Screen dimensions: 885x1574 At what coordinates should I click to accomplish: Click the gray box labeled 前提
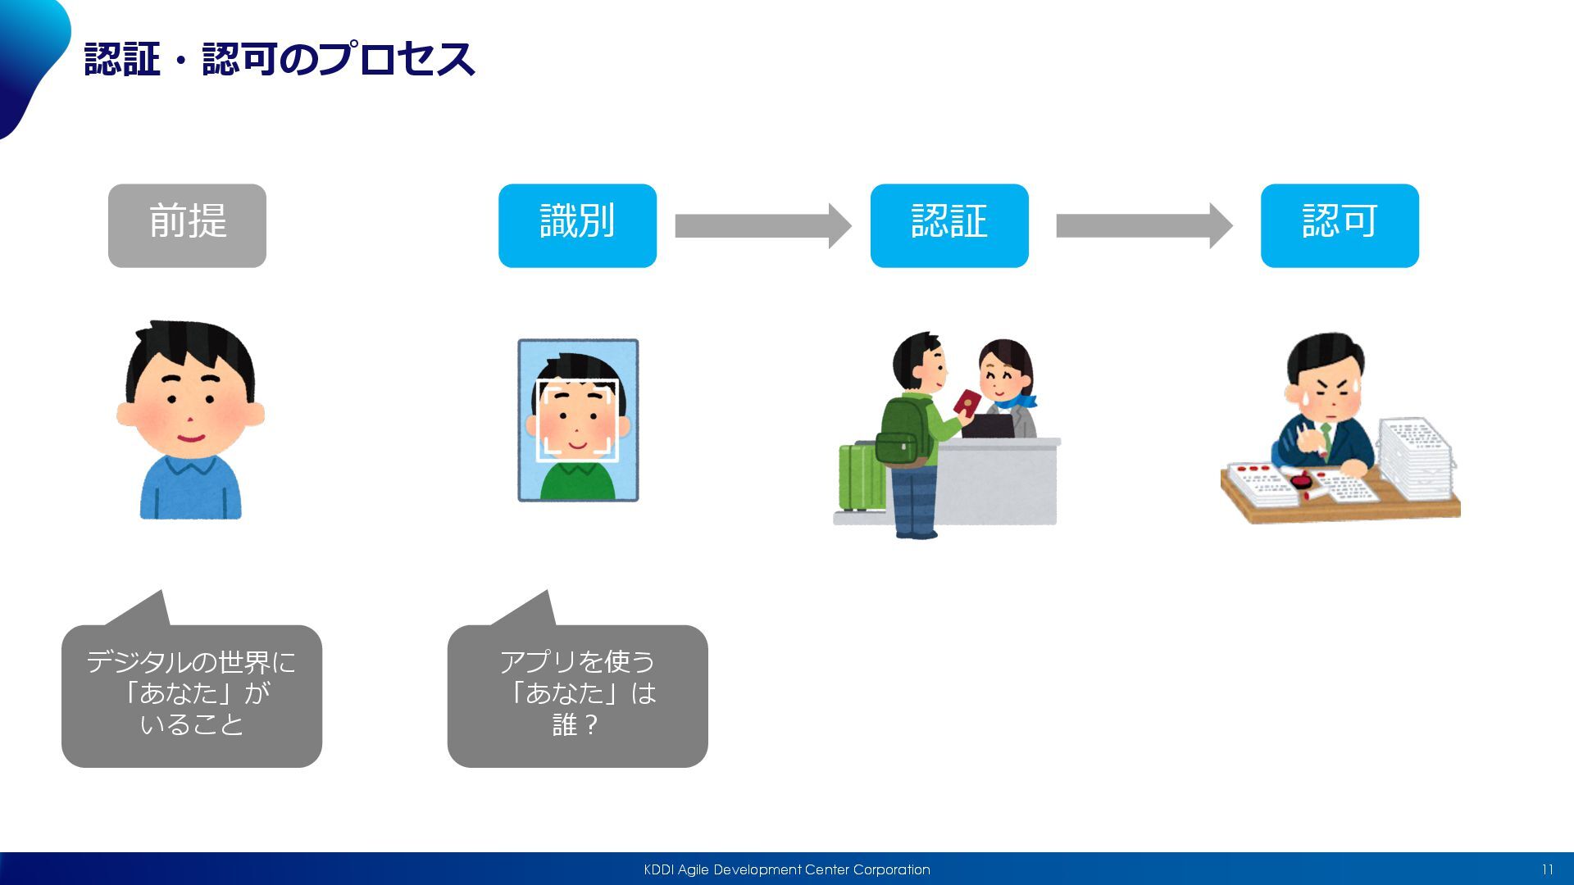(x=187, y=225)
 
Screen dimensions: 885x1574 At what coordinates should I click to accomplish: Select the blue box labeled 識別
(x=577, y=225)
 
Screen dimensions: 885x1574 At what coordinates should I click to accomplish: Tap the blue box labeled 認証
(x=949, y=225)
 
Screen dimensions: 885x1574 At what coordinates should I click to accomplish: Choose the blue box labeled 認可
(x=1340, y=225)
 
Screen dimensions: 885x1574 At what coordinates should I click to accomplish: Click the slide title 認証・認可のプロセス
(x=280, y=59)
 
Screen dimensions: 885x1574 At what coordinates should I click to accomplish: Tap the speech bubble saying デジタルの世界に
(x=192, y=695)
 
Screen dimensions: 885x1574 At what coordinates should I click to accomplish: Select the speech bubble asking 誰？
(x=577, y=695)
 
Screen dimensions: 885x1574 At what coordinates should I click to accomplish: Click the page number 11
(x=1547, y=869)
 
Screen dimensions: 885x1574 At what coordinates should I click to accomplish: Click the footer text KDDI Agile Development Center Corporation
(x=787, y=869)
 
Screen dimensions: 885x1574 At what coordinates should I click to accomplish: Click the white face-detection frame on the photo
(x=577, y=420)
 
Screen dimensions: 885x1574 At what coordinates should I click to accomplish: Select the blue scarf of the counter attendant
(x=1017, y=402)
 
